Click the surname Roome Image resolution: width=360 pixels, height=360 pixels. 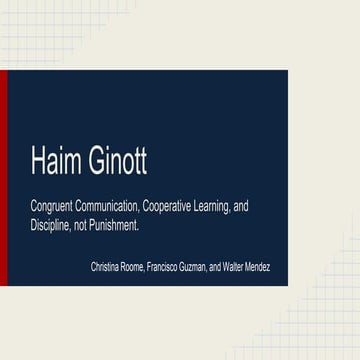click(133, 268)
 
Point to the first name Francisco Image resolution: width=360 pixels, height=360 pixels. click(165, 268)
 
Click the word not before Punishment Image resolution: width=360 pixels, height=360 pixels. click(85, 226)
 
